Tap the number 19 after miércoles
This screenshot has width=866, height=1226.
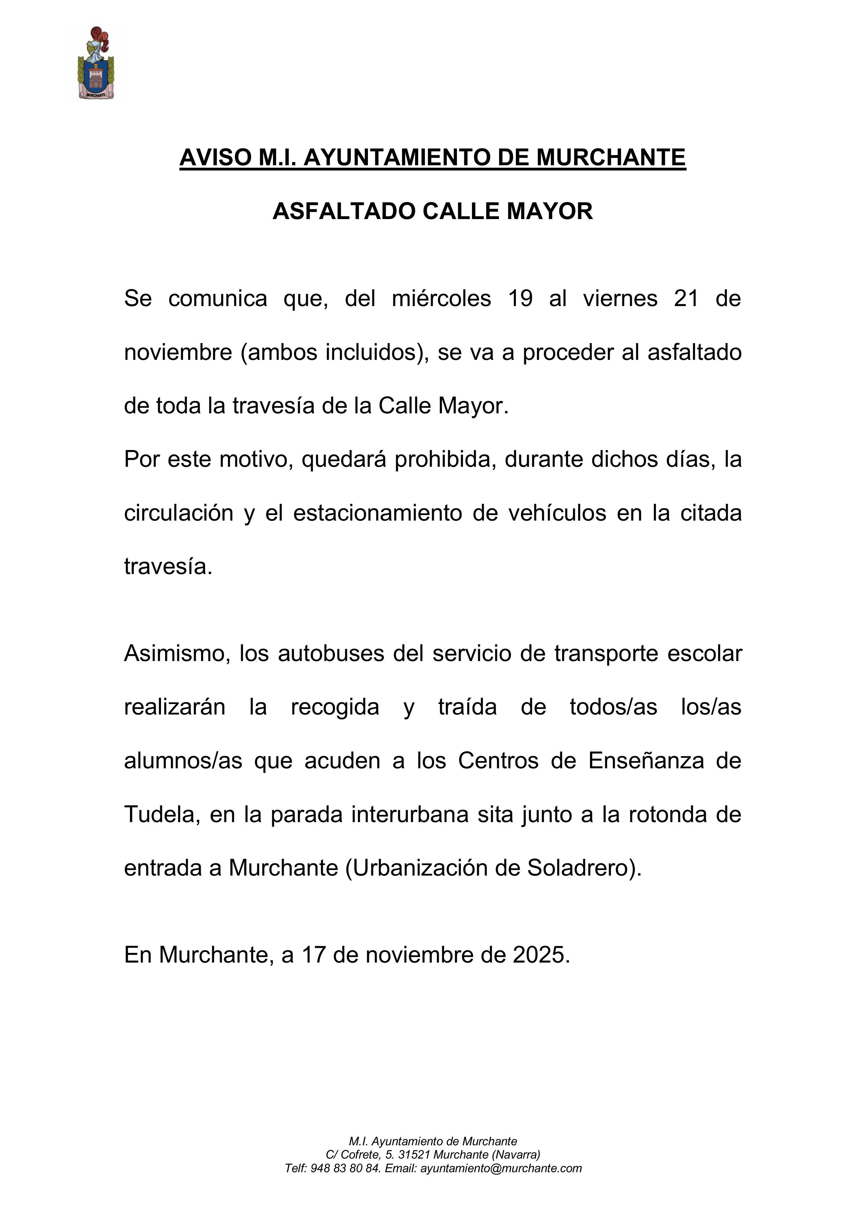tap(520, 298)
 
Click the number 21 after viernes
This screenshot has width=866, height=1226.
tap(686, 298)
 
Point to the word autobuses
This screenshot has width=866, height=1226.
tap(331, 654)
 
